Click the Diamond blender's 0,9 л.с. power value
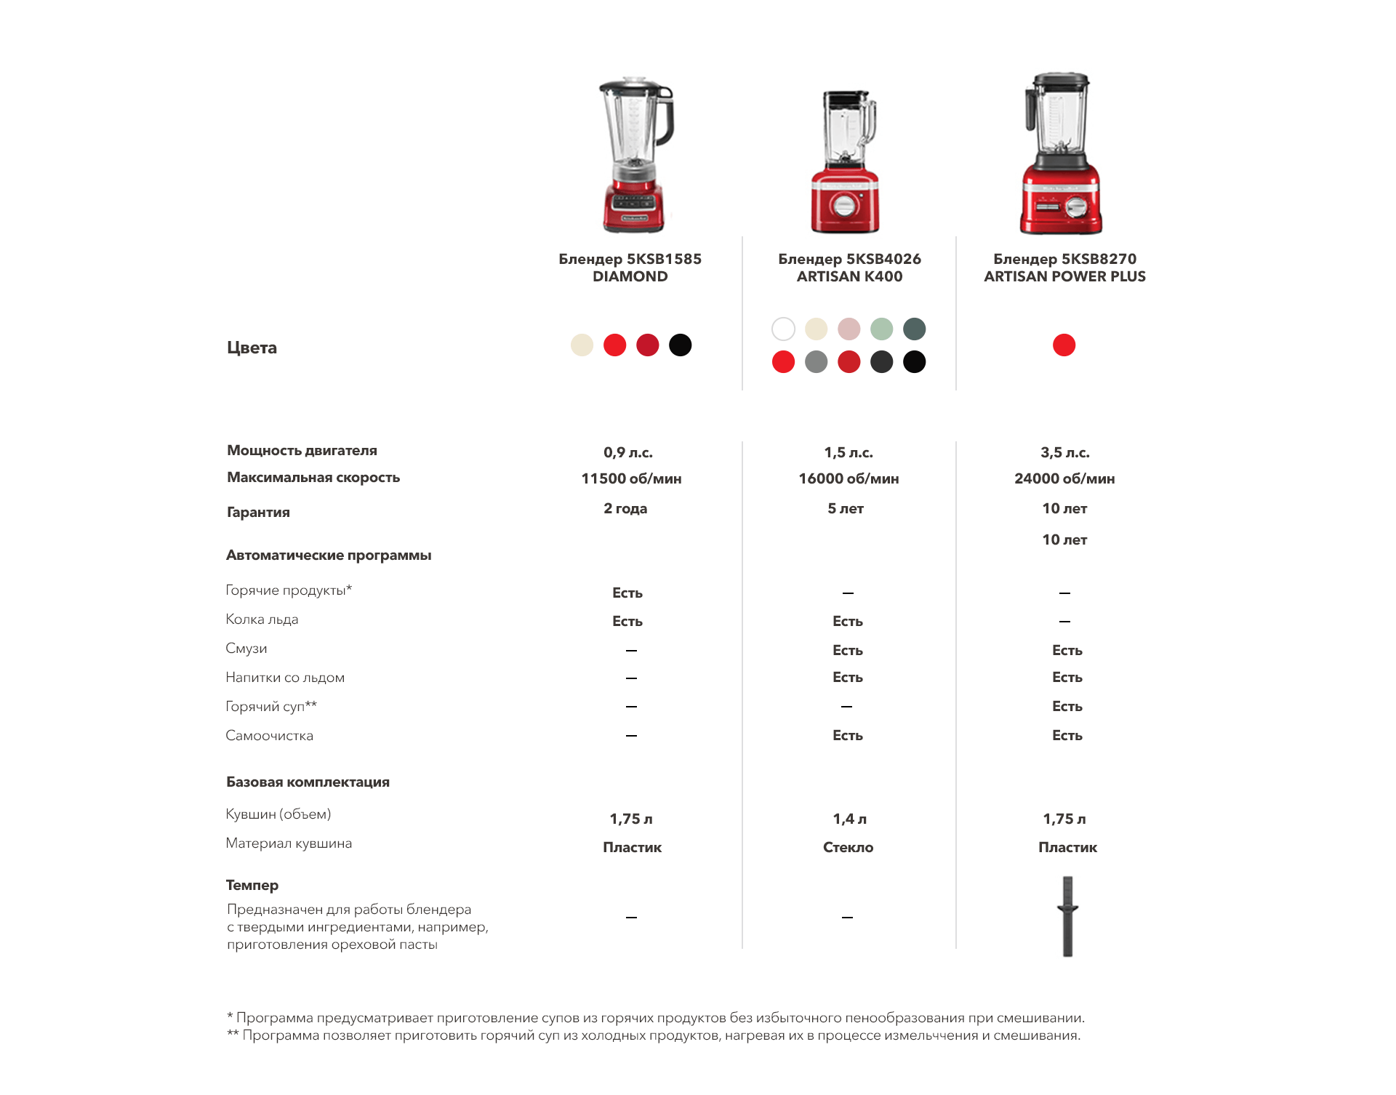[628, 453]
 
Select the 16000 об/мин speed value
[849, 479]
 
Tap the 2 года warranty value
[625, 509]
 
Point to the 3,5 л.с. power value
[1064, 453]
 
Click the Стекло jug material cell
[848, 848]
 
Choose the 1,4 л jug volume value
[849, 819]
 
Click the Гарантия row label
[258, 513]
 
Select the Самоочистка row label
[269, 736]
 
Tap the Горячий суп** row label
[271, 707]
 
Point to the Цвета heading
[252, 348]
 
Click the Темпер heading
[252, 886]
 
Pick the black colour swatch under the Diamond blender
[680, 345]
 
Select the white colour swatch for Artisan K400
[783, 329]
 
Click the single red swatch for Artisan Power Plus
[1064, 345]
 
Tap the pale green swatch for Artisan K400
[881, 329]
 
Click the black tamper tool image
[1067, 916]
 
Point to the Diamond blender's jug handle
[666, 116]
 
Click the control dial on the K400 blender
[844, 206]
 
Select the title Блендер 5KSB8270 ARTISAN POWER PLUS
[1064, 268]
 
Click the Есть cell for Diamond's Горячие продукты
[627, 593]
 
